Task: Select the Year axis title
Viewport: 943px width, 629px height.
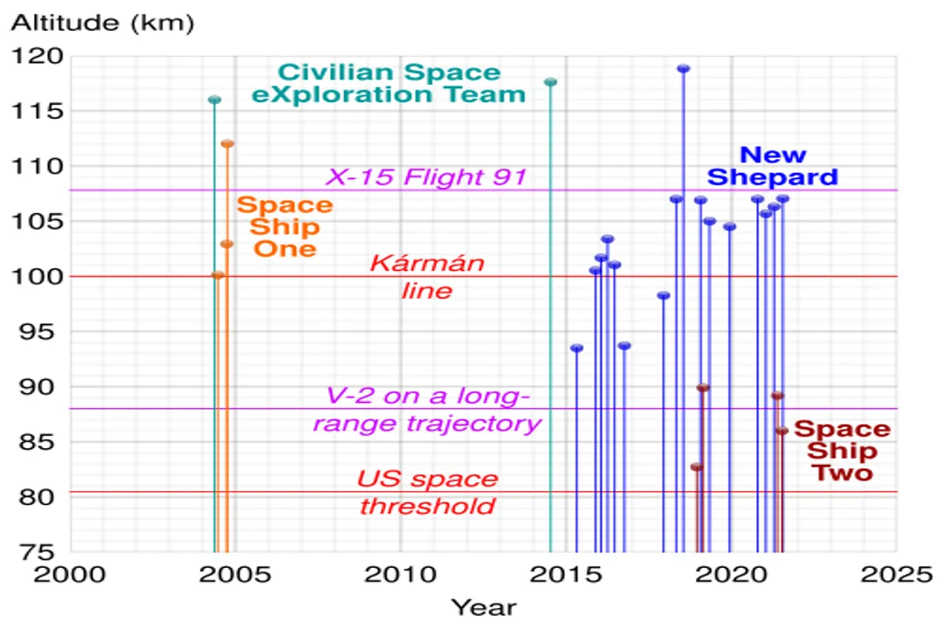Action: [483, 606]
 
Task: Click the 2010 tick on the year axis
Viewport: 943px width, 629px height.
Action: [400, 574]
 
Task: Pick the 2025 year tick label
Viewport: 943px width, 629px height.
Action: [895, 574]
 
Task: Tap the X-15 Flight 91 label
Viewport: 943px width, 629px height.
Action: [427, 177]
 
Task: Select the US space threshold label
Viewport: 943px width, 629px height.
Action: [427, 493]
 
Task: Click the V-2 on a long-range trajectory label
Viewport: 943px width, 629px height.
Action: [427, 411]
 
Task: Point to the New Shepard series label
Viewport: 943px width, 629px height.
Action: [773, 166]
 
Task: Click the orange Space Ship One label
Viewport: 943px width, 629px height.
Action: [285, 226]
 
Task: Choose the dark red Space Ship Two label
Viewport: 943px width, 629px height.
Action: [842, 451]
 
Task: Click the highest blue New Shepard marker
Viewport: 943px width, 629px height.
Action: [684, 69]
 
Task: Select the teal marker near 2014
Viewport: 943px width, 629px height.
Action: [550, 82]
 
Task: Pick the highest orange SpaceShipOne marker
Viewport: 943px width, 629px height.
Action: [227, 143]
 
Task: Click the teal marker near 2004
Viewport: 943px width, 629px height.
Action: [214, 100]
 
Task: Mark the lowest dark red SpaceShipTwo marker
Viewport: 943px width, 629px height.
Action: [696, 467]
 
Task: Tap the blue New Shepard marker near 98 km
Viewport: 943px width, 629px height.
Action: [664, 295]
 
